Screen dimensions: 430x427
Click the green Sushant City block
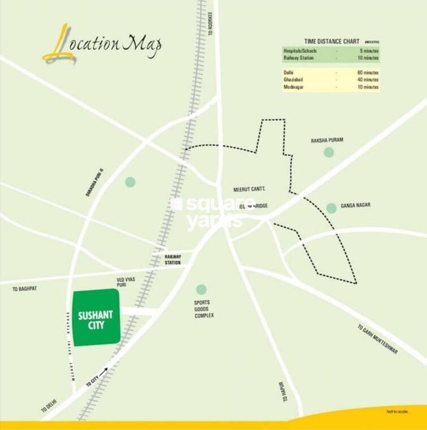pos(96,317)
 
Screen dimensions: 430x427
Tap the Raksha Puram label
pos(327,140)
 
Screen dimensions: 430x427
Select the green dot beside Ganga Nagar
pos(331,208)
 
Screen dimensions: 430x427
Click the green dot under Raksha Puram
pos(329,152)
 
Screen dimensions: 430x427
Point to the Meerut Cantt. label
pos(249,189)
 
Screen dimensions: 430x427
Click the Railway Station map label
pos(172,259)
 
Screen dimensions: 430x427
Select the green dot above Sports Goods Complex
pos(200,290)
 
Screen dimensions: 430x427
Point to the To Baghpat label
pos(24,289)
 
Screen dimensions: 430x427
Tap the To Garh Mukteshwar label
pos(378,339)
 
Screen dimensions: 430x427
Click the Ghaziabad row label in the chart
pos(294,80)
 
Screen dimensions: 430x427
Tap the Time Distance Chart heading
pos(331,41)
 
